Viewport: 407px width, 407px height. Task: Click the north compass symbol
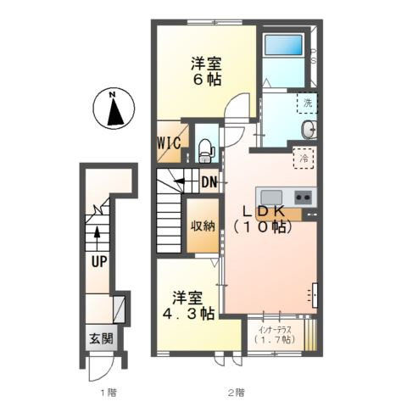point(114,109)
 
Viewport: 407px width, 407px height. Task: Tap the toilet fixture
point(205,151)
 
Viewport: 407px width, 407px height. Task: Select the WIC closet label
point(169,143)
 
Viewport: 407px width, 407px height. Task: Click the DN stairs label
point(209,182)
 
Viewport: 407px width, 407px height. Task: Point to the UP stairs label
point(99,261)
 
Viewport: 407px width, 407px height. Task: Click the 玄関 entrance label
point(101,338)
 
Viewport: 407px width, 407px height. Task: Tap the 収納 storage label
point(203,226)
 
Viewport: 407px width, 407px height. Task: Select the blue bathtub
point(283,45)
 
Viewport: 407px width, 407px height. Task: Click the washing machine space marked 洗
point(307,103)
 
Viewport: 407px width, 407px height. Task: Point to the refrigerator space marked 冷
point(304,159)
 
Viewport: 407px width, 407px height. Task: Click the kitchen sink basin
point(271,197)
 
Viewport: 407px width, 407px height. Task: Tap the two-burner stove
point(304,197)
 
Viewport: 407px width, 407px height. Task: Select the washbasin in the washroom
point(309,130)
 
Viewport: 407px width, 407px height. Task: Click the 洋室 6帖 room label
point(206,71)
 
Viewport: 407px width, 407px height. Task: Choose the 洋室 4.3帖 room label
point(188,305)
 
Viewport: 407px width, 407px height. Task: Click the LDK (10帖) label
point(263,219)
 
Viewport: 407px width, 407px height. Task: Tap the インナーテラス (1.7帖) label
point(275,335)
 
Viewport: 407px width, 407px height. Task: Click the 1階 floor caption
point(109,393)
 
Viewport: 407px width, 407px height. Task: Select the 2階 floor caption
point(237,393)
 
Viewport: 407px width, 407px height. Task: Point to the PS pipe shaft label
point(313,56)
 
